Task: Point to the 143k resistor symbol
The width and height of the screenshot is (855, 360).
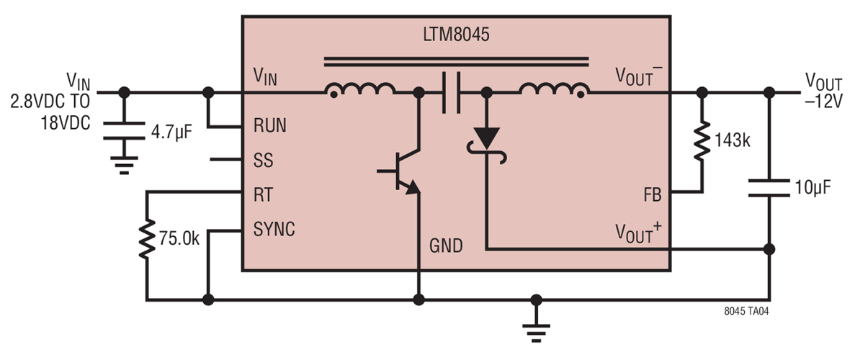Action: click(x=701, y=142)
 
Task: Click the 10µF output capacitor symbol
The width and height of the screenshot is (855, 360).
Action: click(x=769, y=189)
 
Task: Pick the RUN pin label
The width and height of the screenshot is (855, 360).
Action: click(x=270, y=125)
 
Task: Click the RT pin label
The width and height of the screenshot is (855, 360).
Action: click(x=263, y=194)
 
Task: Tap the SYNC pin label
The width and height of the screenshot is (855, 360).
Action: click(x=274, y=229)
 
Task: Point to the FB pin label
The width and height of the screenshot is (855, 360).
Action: click(x=653, y=194)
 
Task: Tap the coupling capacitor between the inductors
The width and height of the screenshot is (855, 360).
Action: click(x=451, y=92)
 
